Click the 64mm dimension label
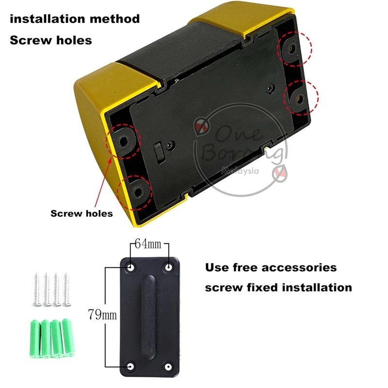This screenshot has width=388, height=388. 148,244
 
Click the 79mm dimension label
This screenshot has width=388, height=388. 102,315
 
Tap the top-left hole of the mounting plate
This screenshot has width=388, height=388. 130,267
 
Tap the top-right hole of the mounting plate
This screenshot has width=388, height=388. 168,267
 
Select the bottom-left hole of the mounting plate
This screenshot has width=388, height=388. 130,366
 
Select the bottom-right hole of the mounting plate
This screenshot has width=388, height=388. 168,367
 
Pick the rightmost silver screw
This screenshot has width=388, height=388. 66,290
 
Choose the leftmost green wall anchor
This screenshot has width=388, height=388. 35,339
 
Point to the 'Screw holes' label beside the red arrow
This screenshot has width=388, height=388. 81,213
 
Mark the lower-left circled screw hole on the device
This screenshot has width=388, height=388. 138,192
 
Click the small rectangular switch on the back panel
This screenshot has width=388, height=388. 159,153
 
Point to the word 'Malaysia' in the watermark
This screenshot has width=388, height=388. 240,171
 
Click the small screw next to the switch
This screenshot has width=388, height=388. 170,145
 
